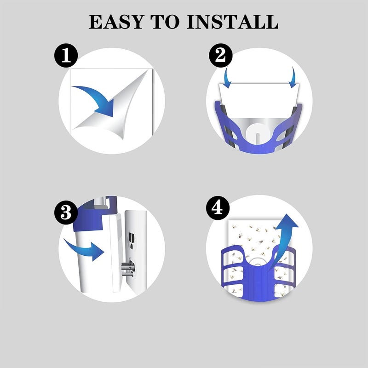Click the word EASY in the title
116,22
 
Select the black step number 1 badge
66,56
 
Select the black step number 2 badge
221,56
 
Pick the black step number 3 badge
66,213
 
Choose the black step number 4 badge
218,208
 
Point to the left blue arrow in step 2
227,78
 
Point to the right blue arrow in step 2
292,78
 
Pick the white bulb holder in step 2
258,134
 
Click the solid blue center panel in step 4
259,282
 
